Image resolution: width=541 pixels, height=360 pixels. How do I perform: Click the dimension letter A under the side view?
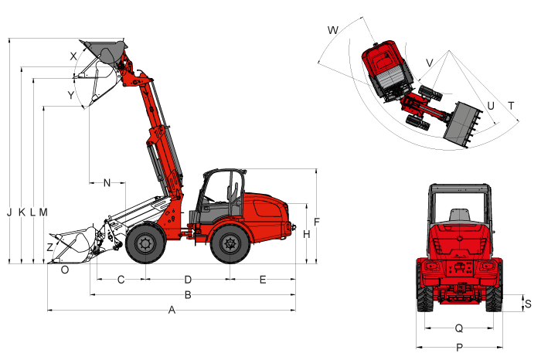coord(172,310)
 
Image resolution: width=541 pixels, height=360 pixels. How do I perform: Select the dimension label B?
coord(188,295)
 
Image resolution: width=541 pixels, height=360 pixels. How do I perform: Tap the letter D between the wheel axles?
coord(188,280)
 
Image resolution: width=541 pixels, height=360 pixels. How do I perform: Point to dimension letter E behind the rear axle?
coord(263,280)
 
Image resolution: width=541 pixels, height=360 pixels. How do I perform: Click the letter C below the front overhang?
coord(121,280)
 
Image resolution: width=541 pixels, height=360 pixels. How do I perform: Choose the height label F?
coord(317,222)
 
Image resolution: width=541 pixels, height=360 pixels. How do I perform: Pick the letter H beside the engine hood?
coord(306,235)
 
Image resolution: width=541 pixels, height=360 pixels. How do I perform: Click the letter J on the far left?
coord(9,212)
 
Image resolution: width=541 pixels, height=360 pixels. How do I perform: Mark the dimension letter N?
coord(107,183)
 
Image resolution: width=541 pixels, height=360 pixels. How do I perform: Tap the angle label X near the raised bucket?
coord(73,56)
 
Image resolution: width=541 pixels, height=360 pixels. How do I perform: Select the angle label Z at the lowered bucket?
coord(50,247)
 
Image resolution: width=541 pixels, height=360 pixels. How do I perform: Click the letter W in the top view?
coord(333,30)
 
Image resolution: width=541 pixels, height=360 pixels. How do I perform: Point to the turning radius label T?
coord(511,106)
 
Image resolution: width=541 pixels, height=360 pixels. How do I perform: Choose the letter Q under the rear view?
coord(459,328)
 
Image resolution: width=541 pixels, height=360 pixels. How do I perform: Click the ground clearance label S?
coord(528,304)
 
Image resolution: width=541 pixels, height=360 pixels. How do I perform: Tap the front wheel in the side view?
coord(146,244)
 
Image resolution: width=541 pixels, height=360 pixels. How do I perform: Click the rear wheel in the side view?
coord(230,244)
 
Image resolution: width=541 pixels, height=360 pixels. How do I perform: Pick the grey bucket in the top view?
coord(461,124)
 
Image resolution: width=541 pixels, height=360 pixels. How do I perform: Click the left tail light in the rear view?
coord(430,267)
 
